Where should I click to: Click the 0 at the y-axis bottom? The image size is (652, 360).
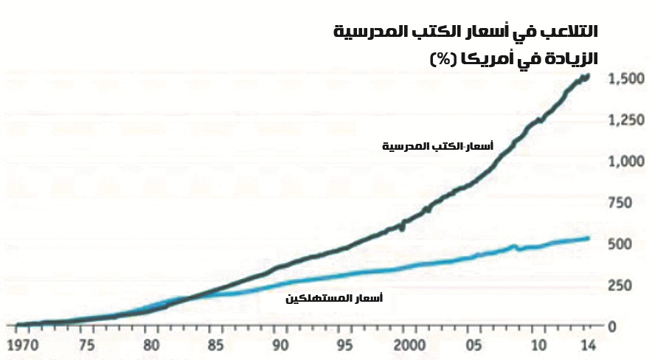(x=613, y=326)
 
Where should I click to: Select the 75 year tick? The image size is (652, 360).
(x=87, y=345)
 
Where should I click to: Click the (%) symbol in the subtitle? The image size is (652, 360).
(x=445, y=59)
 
